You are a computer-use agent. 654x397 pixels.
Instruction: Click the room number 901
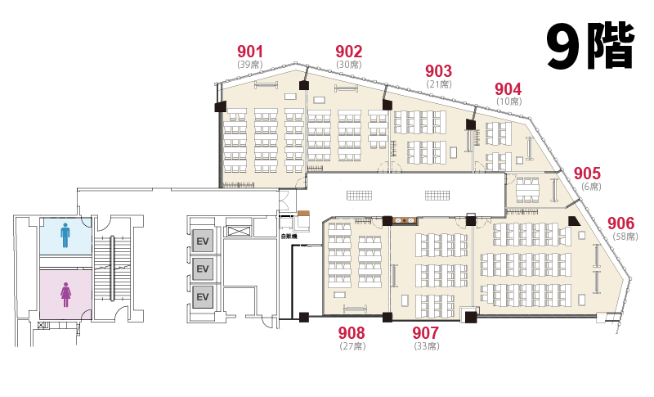click(x=250, y=52)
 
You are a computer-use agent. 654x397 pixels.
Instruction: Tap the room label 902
click(x=349, y=52)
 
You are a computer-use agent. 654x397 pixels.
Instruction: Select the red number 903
click(x=438, y=71)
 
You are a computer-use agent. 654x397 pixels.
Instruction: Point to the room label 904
click(x=508, y=89)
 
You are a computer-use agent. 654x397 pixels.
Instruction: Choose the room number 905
click(x=587, y=174)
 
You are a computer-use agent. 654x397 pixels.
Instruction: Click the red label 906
click(x=621, y=223)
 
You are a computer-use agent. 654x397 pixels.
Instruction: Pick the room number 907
click(x=425, y=333)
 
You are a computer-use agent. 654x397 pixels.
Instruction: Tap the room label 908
click(x=352, y=333)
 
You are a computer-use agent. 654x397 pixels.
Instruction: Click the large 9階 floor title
click(x=590, y=46)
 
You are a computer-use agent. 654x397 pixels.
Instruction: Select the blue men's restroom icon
click(x=65, y=235)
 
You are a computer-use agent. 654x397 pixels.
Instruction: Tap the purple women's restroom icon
click(x=65, y=295)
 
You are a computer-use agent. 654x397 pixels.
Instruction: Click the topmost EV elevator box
click(x=203, y=241)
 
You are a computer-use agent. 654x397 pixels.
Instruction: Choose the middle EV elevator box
click(x=203, y=268)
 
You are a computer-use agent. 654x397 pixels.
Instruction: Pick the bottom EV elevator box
click(x=203, y=297)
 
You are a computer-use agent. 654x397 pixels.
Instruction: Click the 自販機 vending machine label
click(x=289, y=237)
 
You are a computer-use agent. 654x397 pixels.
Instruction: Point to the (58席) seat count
click(x=625, y=237)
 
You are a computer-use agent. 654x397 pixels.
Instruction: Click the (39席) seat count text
click(x=250, y=65)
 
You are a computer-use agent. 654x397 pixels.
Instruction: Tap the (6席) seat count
click(x=591, y=187)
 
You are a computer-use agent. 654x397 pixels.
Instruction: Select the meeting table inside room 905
click(x=527, y=190)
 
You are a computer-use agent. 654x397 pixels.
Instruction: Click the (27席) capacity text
click(x=353, y=346)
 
